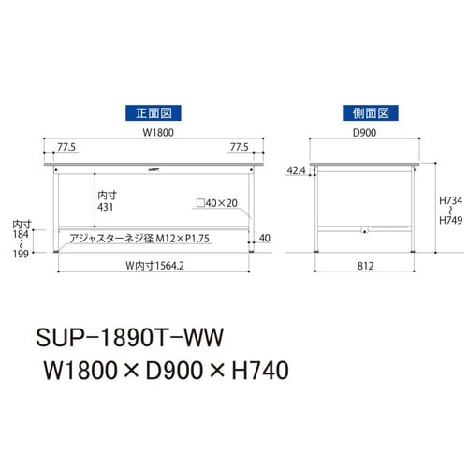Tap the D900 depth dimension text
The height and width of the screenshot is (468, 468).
point(366,134)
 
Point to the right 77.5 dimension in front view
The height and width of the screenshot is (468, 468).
point(241,148)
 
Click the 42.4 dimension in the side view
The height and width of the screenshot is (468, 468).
point(297,171)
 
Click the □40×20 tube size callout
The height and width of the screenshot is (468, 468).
point(216,203)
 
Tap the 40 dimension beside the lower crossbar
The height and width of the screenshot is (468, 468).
point(265,238)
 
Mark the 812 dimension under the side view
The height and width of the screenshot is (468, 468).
point(366,266)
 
